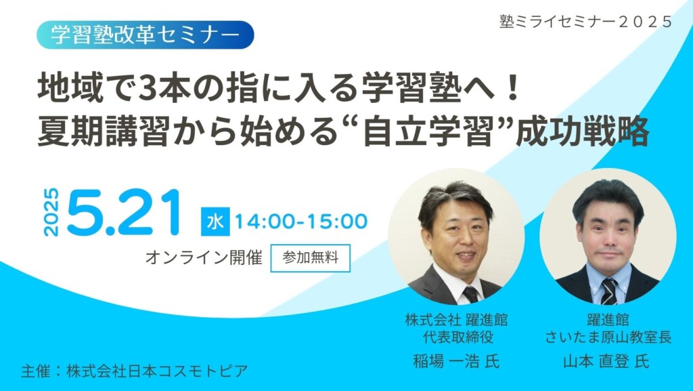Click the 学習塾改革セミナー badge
click(146, 35)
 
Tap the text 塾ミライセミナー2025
click(585, 22)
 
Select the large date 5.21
click(123, 212)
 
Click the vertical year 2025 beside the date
click(52, 212)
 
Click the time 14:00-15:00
click(300, 222)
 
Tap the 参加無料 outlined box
click(311, 258)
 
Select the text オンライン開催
click(204, 258)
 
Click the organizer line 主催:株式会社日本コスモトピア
click(134, 371)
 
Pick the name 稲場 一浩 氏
click(456, 361)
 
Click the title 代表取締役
click(456, 337)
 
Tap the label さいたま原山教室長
click(608, 337)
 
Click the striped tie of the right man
click(608, 291)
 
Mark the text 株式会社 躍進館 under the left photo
click(456, 320)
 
